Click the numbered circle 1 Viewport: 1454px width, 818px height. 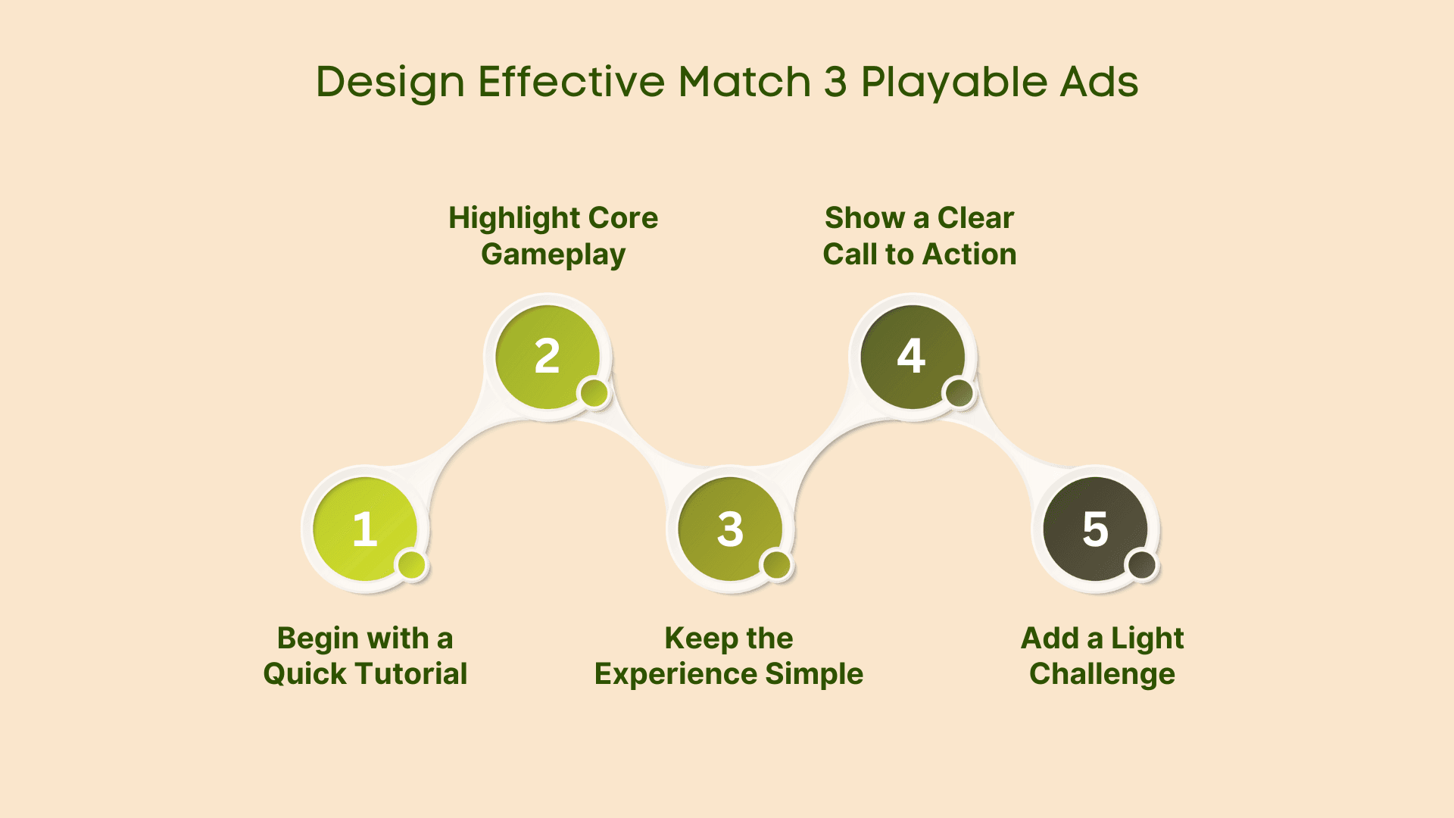point(365,529)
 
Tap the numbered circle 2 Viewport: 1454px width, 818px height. point(548,357)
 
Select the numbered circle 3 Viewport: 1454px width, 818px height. point(730,529)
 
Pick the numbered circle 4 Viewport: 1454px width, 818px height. point(913,357)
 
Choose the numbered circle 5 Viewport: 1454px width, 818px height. point(1095,529)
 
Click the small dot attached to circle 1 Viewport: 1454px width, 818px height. point(412,565)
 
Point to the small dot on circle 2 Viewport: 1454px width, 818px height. point(594,393)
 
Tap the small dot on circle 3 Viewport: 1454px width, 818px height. point(777,565)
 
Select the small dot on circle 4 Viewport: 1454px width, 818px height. point(959,393)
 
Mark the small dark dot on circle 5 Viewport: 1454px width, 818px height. point(1142,565)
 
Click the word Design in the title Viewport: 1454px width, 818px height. point(390,83)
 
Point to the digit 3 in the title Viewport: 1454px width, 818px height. point(835,82)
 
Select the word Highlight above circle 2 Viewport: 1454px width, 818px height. point(513,219)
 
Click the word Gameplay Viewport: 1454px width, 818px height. point(554,255)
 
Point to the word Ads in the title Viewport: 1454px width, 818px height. point(1099,82)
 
